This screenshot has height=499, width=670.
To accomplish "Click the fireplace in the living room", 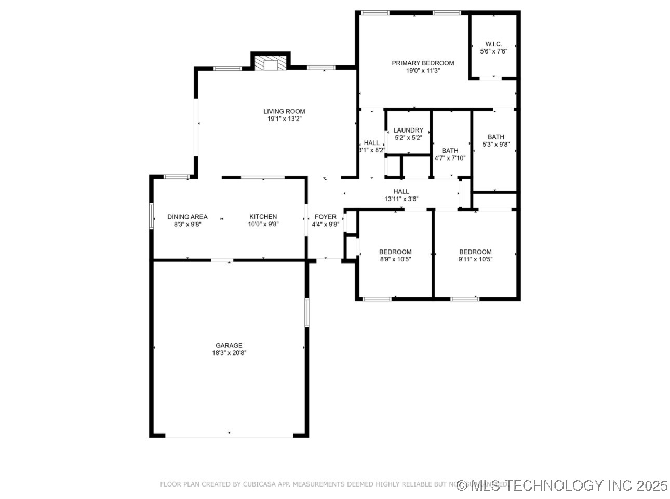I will tap(271, 64).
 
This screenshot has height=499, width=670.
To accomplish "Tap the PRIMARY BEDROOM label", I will tap(423, 63).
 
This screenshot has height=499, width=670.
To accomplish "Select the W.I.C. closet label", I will tap(493, 44).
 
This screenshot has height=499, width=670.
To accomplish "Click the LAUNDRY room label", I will tap(408, 130).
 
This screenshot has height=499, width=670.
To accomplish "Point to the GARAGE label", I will tap(229, 346).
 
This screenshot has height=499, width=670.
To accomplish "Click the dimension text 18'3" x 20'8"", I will tap(229, 353).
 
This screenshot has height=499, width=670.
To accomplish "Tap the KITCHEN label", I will tap(263, 217).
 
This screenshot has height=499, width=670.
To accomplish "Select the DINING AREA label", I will tap(187, 217).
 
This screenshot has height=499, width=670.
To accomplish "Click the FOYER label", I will tap(326, 217).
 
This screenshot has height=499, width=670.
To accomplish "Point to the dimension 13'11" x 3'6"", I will tap(401, 199).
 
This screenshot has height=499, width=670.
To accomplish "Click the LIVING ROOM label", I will tap(284, 111).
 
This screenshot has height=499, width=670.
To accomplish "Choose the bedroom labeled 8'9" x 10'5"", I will tap(395, 256).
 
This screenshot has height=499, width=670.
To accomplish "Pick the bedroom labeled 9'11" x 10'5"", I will tap(475, 256).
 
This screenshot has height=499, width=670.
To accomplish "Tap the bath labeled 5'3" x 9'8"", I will tap(495, 141).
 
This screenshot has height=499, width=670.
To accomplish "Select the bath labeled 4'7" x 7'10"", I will tap(450, 154).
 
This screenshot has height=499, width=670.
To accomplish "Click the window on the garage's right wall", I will tap(307, 312).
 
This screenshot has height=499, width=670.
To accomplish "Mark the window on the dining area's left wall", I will tap(152, 216).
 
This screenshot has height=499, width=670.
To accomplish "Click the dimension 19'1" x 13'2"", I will tap(284, 119).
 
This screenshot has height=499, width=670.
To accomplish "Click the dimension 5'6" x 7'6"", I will tap(493, 51).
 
